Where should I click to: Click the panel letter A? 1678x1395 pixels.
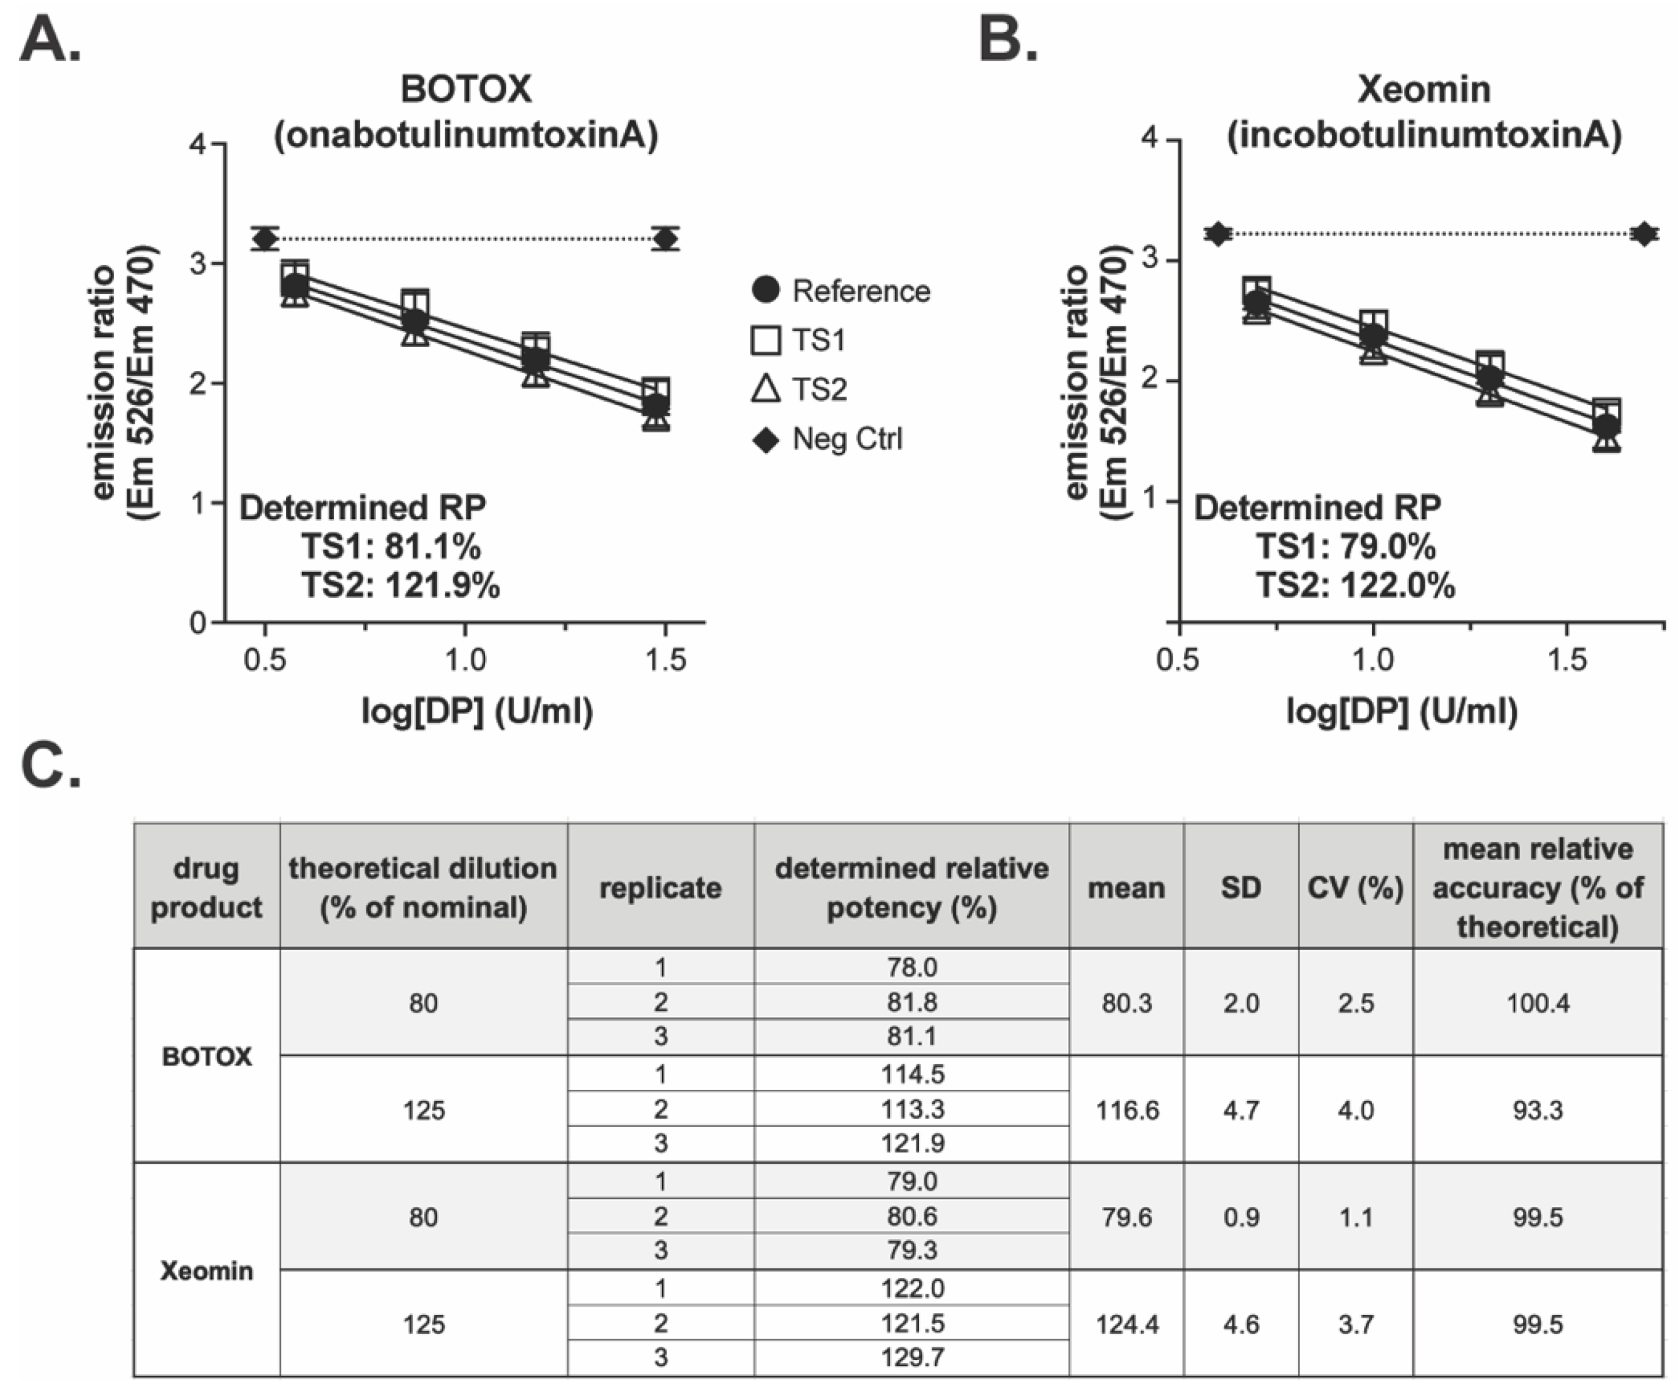point(50,40)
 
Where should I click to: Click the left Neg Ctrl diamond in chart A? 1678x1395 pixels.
point(265,238)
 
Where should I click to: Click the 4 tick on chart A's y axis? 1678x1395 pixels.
point(197,144)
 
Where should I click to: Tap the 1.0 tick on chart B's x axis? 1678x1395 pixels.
point(1373,659)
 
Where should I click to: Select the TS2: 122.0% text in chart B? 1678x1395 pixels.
point(1355,586)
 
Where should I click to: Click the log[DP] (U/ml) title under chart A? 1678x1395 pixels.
point(477,710)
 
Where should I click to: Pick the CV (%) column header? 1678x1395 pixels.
point(1355,887)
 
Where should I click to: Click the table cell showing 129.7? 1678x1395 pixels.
point(912,1357)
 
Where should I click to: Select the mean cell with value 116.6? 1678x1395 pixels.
point(1126,1109)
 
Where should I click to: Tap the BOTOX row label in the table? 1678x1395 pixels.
point(207,1056)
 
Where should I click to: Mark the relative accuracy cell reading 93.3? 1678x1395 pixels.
point(1538,1109)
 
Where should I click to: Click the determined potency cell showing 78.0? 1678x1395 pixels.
point(912,967)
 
